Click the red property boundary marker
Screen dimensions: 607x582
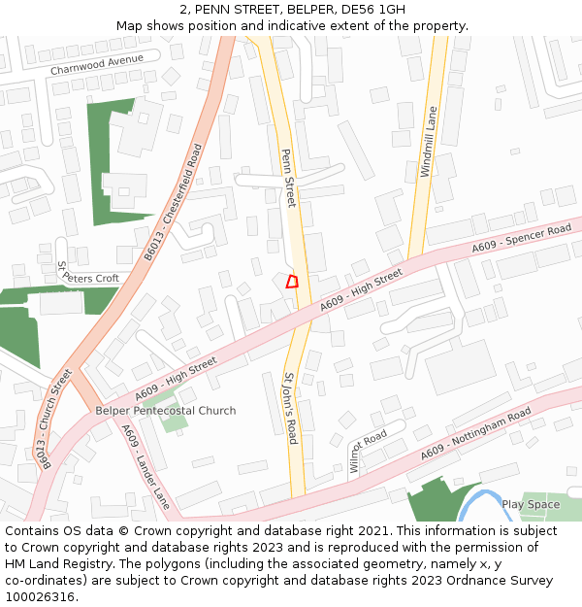point(292,282)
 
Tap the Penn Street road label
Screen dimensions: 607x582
point(287,178)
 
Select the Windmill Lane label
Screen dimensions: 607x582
point(429,142)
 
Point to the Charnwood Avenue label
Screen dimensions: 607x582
point(97,64)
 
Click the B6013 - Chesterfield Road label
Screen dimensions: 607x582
point(174,203)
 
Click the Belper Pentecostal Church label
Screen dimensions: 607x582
point(165,411)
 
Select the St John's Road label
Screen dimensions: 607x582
point(289,407)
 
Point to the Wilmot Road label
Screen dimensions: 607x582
point(369,451)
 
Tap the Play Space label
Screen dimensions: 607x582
point(531,504)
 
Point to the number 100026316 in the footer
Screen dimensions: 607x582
point(40,596)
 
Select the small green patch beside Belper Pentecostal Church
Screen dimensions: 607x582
point(175,422)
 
